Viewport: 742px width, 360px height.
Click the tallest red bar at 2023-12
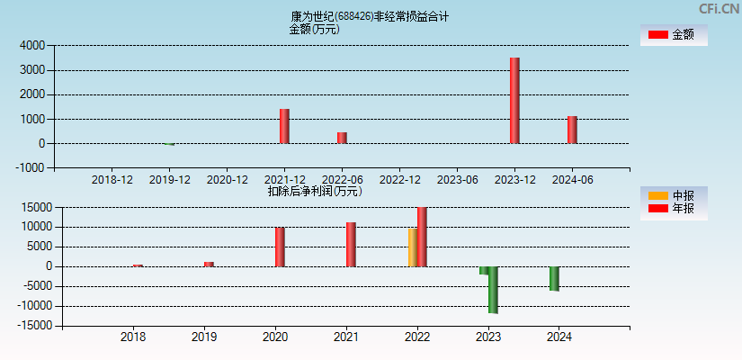[514, 100]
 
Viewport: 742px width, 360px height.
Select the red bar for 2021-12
[284, 126]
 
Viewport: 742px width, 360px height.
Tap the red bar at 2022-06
[342, 138]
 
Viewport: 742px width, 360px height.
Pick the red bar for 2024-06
[572, 130]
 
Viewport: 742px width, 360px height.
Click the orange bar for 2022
[412, 247]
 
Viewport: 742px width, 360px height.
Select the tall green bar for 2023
[493, 290]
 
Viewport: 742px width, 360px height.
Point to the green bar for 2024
[555, 279]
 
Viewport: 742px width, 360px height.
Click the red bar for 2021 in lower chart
[351, 244]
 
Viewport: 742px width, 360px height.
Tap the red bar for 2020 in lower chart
[280, 247]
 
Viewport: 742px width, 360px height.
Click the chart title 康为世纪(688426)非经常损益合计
[370, 16]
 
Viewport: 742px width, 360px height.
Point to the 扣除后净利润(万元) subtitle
[314, 191]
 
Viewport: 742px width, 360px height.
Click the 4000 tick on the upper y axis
[32, 45]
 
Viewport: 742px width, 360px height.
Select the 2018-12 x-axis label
[112, 180]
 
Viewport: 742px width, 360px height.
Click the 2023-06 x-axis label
[458, 180]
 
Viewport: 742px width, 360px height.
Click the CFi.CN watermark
[720, 9]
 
